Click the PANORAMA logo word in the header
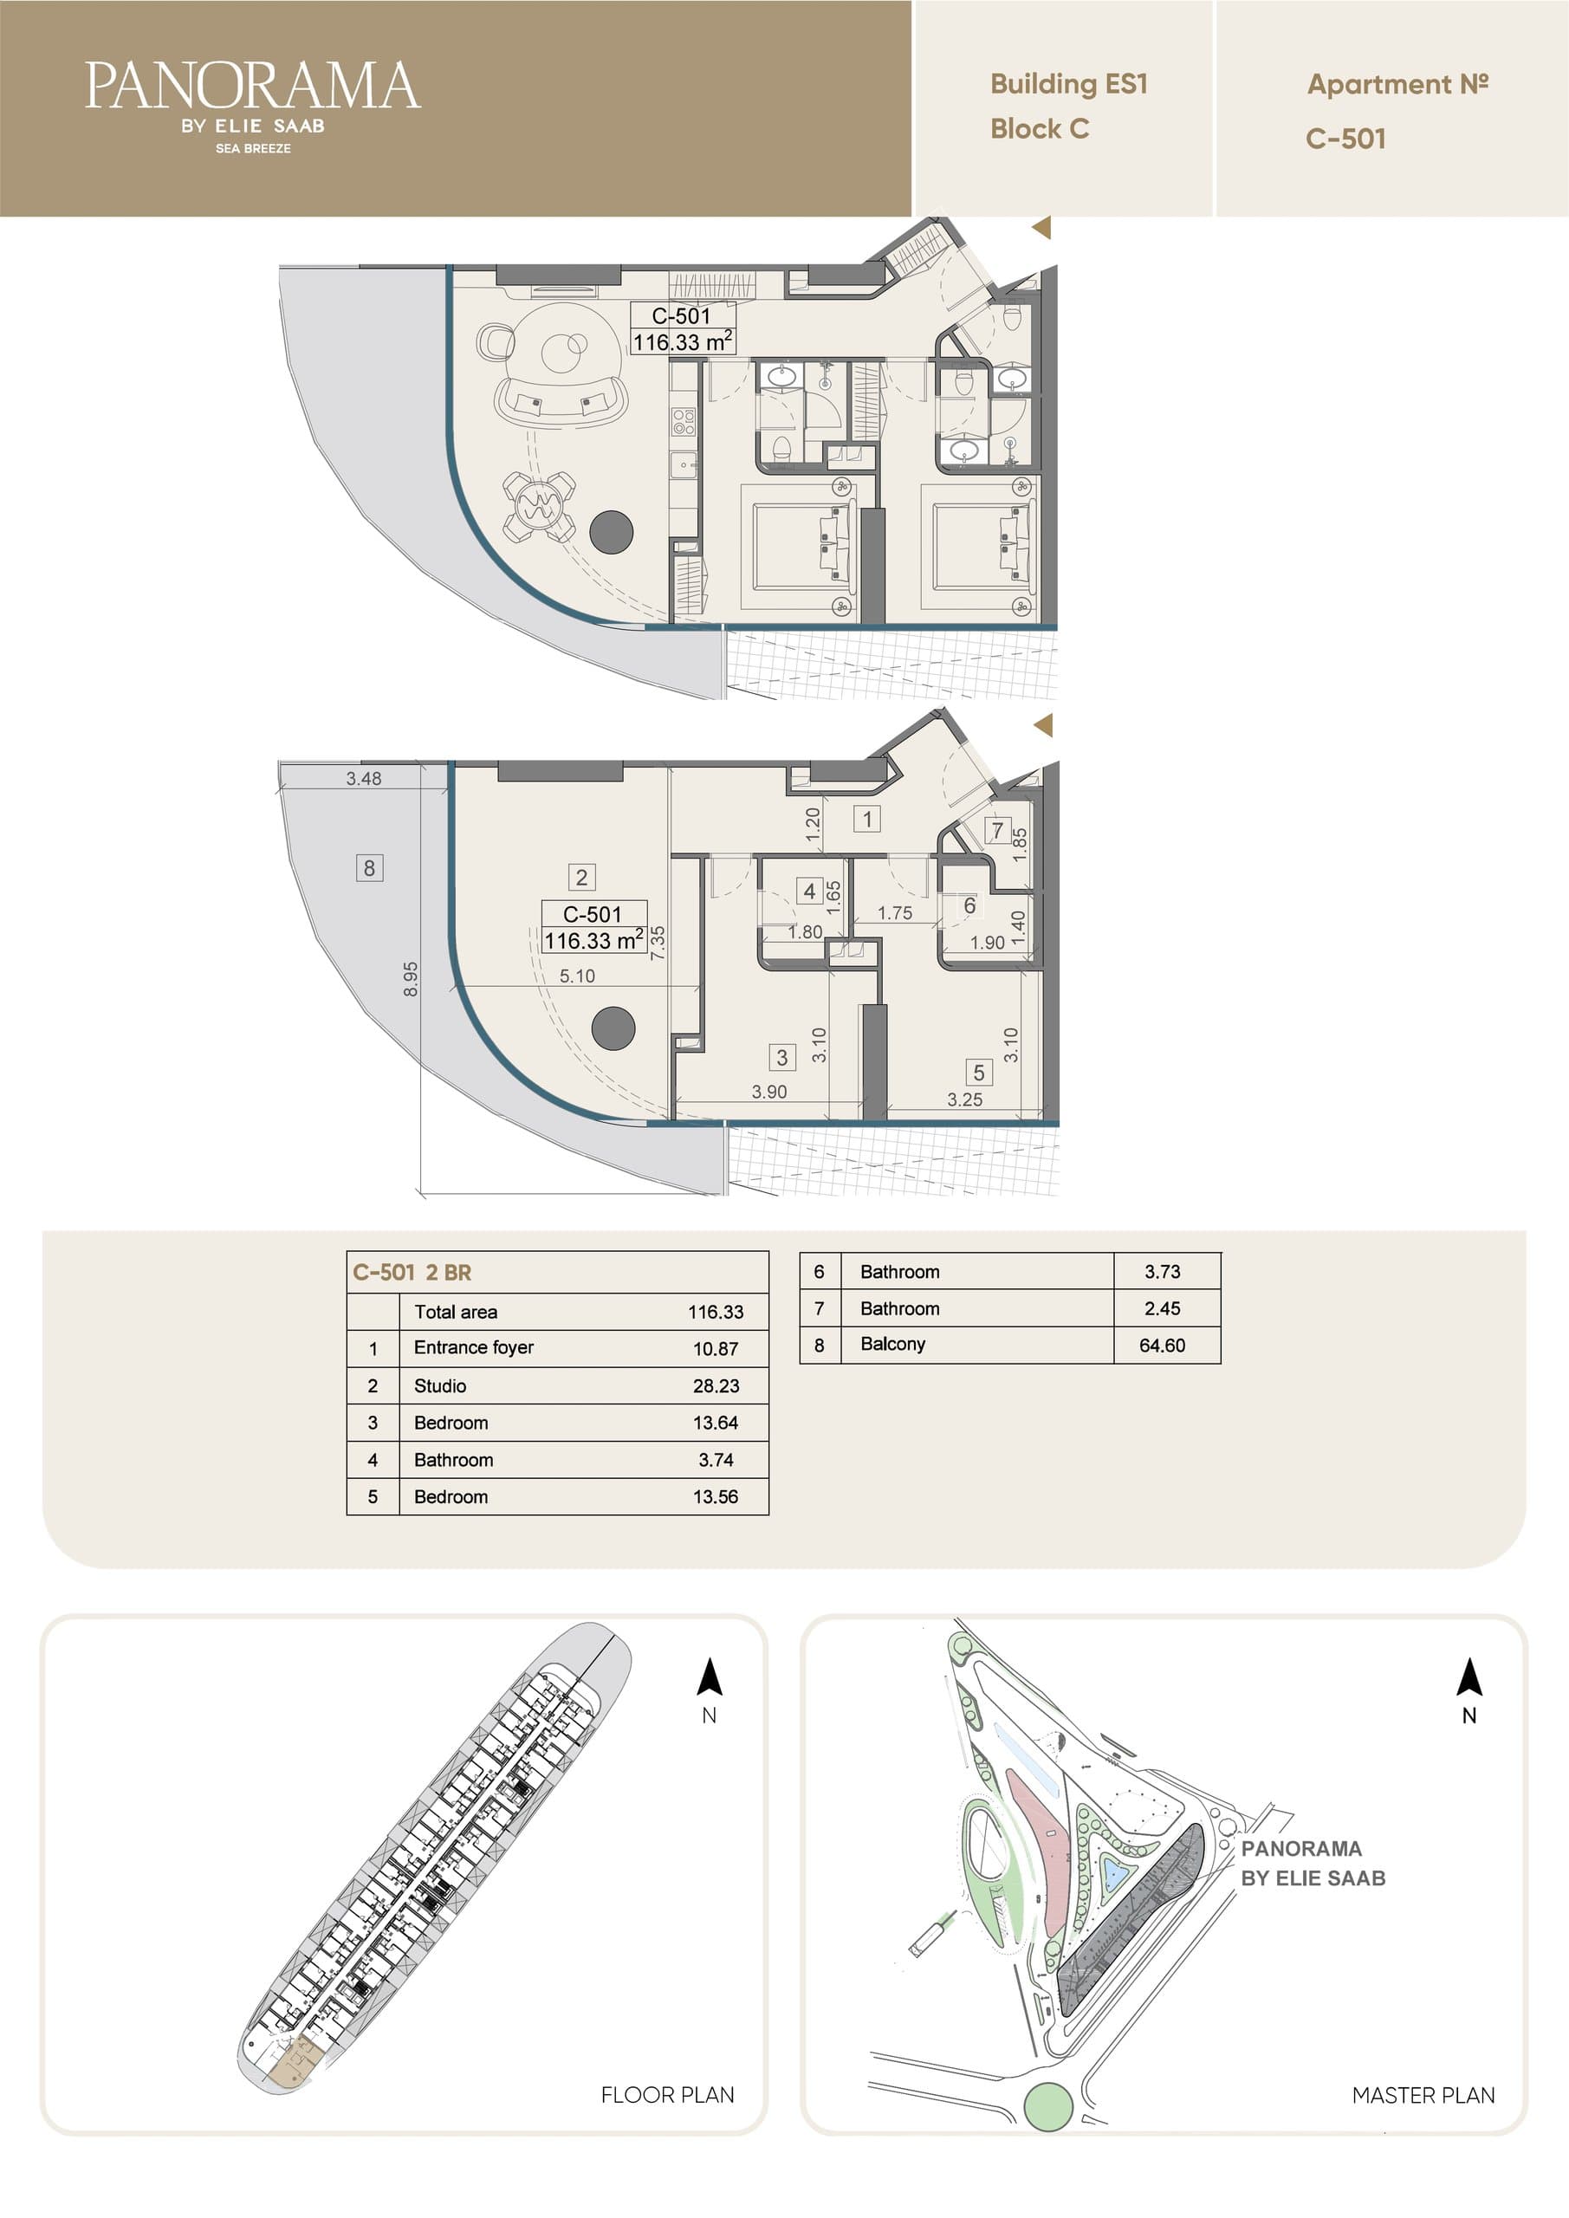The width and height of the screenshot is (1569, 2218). tap(252, 86)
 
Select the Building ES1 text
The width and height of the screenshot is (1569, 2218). tap(1068, 84)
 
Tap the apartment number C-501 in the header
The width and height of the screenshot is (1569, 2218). tap(1345, 138)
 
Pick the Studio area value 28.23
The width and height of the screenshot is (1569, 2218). tap(716, 1385)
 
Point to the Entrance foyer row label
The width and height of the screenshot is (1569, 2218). tap(473, 1347)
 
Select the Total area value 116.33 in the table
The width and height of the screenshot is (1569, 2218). tap(716, 1312)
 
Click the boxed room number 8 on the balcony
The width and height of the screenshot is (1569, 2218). tap(369, 867)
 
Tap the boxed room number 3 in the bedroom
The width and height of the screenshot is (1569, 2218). tap(781, 1057)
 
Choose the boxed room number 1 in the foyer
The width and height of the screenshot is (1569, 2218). tap(866, 820)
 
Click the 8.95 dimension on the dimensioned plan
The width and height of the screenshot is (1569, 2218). tap(411, 978)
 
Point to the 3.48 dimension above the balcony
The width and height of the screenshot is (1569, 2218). tap(363, 779)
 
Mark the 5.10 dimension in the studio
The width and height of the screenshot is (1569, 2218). tap(577, 976)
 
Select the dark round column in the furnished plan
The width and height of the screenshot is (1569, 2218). tap(612, 531)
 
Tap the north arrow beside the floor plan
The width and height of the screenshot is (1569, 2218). tap(710, 1677)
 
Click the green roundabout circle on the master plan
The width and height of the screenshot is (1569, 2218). tap(1047, 2107)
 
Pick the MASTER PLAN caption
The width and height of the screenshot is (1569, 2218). tap(1423, 2095)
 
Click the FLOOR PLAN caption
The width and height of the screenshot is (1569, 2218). tap(668, 2095)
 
